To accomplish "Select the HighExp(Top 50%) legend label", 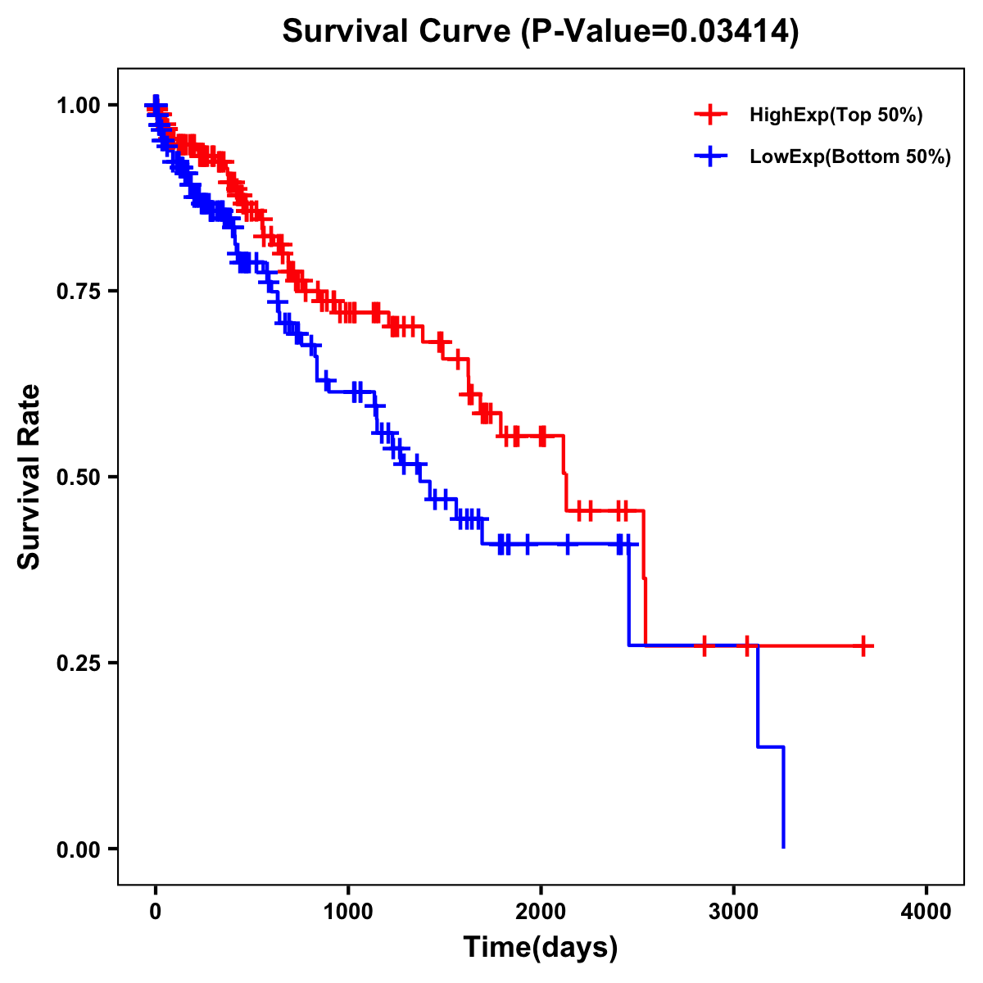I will point(836,116).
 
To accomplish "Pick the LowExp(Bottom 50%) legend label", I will point(850,156).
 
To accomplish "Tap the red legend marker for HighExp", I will point(710,116).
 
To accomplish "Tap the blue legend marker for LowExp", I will point(710,156).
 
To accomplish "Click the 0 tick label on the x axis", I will point(156,912).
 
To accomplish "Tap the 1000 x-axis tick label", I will point(348,912).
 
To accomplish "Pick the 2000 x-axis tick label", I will point(541,912).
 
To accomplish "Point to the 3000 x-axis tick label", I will point(734,912).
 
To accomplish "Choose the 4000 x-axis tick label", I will point(926,912).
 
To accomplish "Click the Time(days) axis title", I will point(541,948).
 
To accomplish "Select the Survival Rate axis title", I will point(29,477).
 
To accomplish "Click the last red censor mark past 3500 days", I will point(863,646).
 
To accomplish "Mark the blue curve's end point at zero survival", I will point(784,847).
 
